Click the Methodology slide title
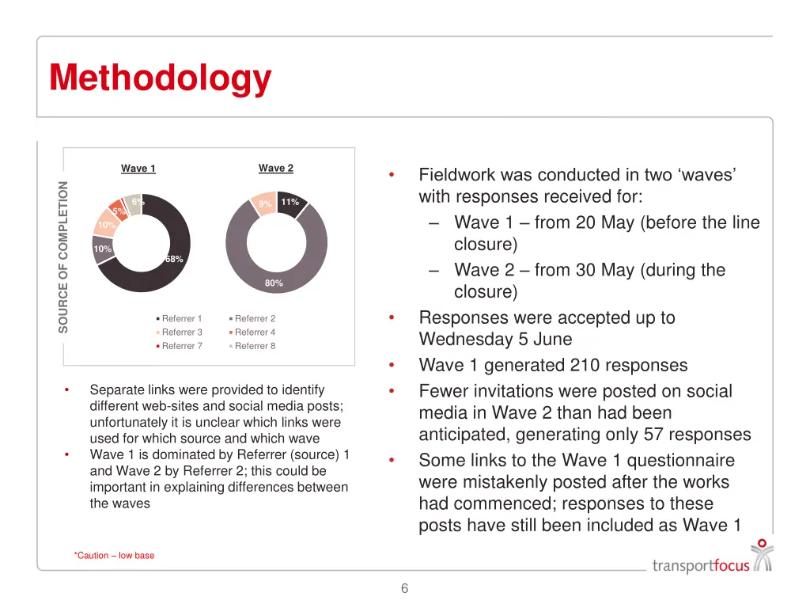click(x=160, y=78)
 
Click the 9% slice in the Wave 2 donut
click(x=264, y=203)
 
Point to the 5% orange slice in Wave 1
click(x=117, y=209)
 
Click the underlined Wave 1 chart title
click(x=138, y=169)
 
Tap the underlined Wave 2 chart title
click(x=276, y=168)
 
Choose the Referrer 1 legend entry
click(x=181, y=319)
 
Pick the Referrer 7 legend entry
click(x=181, y=346)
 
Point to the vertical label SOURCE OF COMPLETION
click(x=64, y=257)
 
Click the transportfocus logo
click(x=711, y=560)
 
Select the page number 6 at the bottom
click(x=405, y=588)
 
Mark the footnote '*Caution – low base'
click(x=115, y=556)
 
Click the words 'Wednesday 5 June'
click(x=495, y=340)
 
